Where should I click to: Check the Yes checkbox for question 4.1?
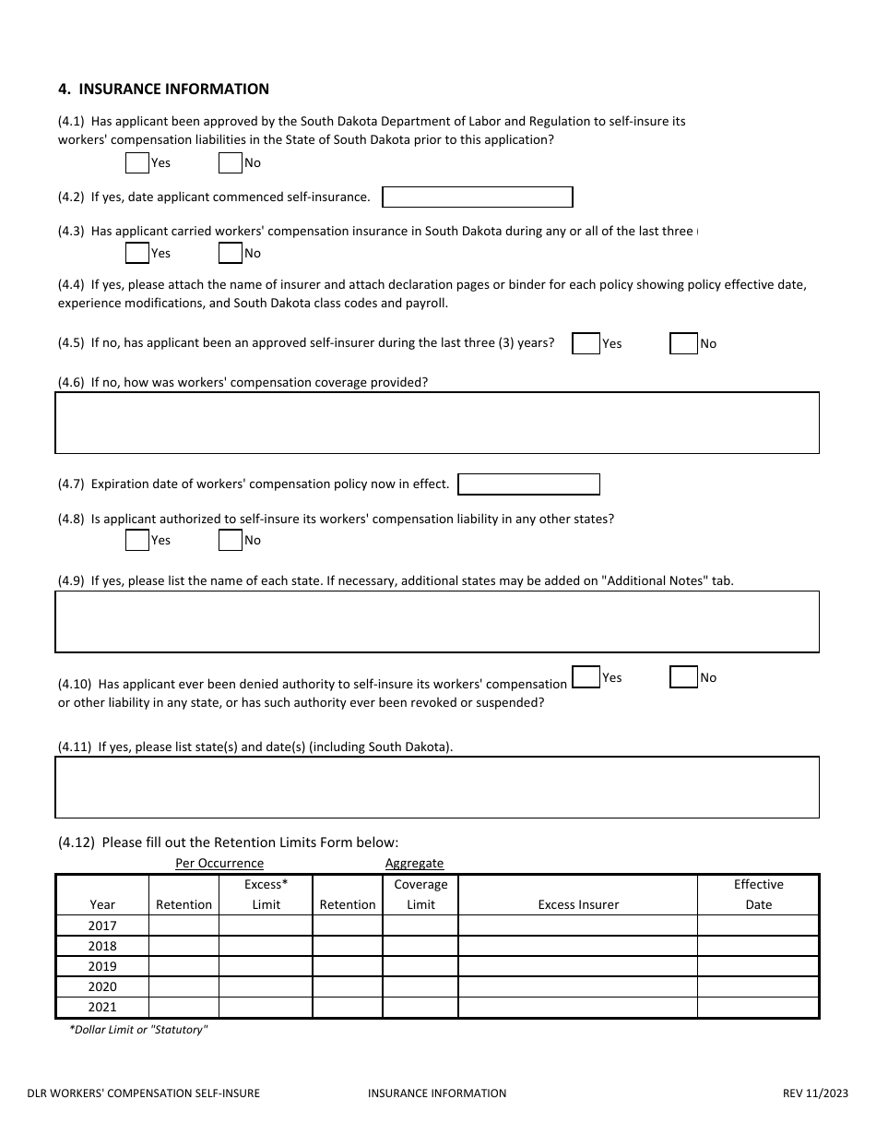(136, 163)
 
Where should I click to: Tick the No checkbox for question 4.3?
(230, 254)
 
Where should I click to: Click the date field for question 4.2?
(478, 197)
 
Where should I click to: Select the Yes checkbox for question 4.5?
(586, 344)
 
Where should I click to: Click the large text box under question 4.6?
(437, 423)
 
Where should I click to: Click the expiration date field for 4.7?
(528, 484)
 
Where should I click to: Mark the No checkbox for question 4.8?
(230, 541)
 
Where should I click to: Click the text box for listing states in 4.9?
(437, 622)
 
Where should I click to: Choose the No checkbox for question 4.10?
(683, 678)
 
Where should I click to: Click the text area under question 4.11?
(437, 787)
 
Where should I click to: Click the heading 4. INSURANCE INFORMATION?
(163, 90)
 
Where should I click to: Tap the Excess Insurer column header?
(578, 905)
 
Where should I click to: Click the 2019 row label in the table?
(102, 967)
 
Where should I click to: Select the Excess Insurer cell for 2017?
(577, 926)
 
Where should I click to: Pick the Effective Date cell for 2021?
(758, 1008)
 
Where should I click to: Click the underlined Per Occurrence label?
(219, 864)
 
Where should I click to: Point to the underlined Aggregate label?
(414, 864)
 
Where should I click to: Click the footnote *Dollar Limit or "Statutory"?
(138, 1030)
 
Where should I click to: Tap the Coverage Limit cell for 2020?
(420, 987)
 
